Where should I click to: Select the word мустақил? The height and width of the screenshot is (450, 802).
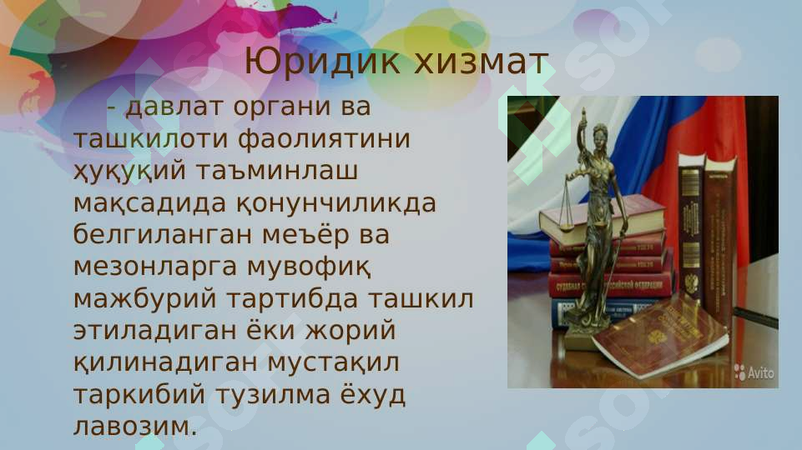333,363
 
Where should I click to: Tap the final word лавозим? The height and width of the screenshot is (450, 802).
136,427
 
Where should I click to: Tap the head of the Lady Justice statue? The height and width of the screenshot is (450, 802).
599,134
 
